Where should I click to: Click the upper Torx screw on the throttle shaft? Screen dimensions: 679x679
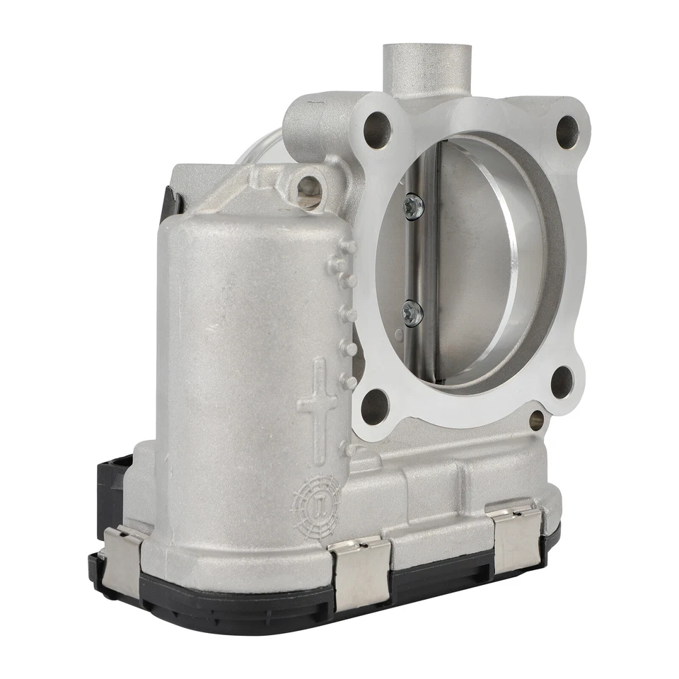[x=413, y=206]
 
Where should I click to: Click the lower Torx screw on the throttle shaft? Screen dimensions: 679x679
[x=412, y=312]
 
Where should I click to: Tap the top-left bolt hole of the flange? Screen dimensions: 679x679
[x=377, y=130]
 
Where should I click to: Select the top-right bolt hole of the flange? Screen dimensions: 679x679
[x=567, y=131]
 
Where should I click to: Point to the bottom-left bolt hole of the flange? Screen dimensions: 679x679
[x=375, y=407]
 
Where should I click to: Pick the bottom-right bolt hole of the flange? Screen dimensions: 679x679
[x=562, y=382]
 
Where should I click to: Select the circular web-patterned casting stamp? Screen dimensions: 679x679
[x=316, y=504]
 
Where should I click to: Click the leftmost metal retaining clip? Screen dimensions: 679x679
[x=121, y=562]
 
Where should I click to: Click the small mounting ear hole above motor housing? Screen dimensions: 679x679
[x=308, y=187]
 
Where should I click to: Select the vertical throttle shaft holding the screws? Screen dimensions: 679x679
[x=426, y=262]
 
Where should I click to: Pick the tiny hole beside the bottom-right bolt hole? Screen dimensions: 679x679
[x=536, y=420]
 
